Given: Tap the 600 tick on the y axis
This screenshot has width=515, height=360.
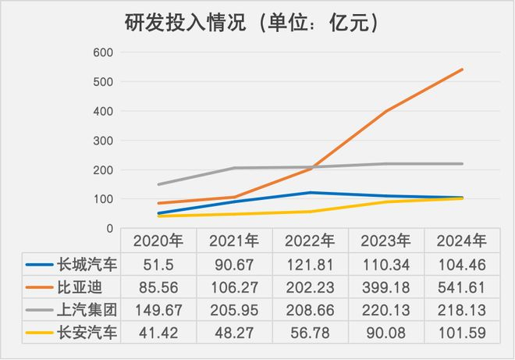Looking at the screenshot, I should click(x=104, y=52).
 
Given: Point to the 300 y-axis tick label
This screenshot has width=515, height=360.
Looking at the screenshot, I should click(x=104, y=141).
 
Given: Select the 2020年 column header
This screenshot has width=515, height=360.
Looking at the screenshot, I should click(x=158, y=240).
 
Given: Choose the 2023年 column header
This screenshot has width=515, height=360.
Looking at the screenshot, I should click(x=386, y=240).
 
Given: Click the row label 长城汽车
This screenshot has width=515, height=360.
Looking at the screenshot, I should click(x=87, y=263).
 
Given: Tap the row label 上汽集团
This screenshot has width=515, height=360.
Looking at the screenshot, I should click(x=87, y=310).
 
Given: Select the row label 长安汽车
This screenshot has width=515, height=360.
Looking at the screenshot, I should click(x=87, y=333).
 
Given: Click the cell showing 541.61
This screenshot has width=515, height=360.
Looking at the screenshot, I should click(x=462, y=287).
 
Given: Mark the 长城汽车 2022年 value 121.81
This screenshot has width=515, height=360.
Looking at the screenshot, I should click(x=310, y=263).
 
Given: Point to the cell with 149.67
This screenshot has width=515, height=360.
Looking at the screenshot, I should click(x=158, y=310).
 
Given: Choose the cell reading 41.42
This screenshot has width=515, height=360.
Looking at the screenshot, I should click(x=158, y=333).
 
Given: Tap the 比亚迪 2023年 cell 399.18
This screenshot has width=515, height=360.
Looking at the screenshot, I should click(x=386, y=287).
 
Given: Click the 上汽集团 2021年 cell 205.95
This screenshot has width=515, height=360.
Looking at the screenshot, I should click(x=233, y=310).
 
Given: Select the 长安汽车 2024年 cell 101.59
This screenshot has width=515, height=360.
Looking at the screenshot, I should click(x=462, y=333).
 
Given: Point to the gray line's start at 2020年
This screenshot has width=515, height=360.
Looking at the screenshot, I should click(x=158, y=184).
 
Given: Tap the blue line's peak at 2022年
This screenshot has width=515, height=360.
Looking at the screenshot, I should click(x=311, y=192).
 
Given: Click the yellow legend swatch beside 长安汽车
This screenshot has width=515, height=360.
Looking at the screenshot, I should click(x=38, y=333).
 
